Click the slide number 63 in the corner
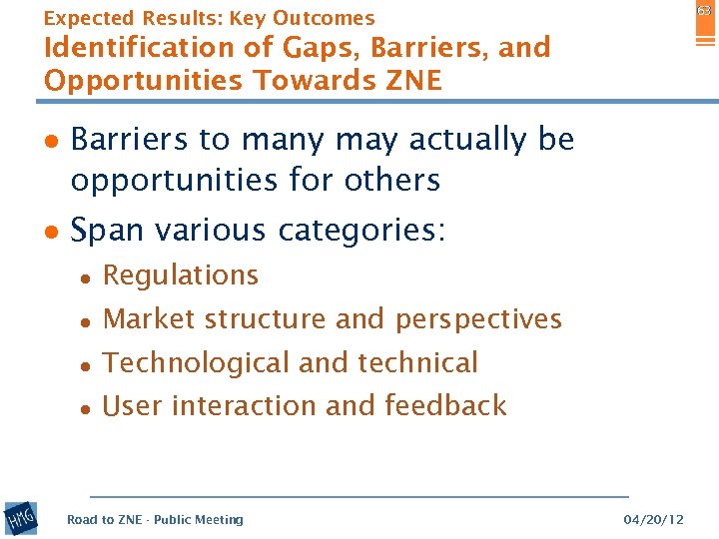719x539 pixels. coord(704,11)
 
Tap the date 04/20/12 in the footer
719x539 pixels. coord(653,520)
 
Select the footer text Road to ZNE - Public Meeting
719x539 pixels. coord(155,520)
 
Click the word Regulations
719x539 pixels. coord(181,275)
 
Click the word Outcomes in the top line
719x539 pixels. coord(324,18)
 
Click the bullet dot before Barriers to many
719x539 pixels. coord(50,141)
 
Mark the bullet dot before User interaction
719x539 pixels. coord(87,407)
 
